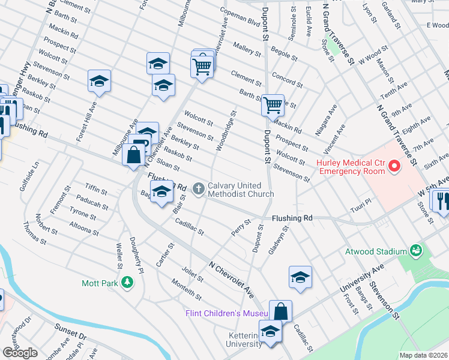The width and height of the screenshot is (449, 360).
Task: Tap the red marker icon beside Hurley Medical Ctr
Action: point(394,166)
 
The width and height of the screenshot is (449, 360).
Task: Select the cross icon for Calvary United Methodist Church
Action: point(199,190)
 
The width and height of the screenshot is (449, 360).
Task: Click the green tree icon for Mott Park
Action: point(127,282)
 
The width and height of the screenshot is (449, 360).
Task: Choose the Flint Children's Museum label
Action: point(226,314)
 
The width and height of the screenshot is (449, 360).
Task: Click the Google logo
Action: point(20,353)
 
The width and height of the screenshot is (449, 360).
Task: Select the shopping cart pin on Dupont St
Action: point(273,105)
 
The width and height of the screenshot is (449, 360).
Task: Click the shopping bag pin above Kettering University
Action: point(280,311)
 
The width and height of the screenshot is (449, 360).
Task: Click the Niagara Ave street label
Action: point(330,119)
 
